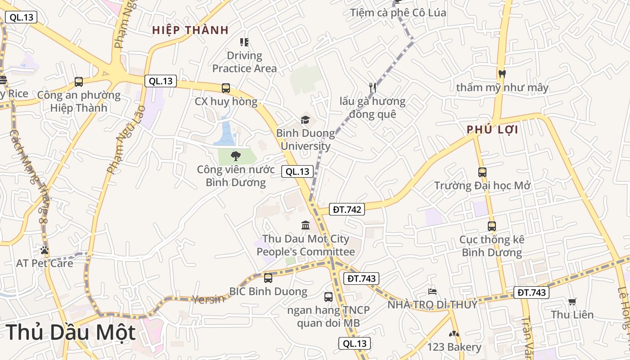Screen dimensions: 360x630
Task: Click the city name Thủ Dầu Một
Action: point(71,332)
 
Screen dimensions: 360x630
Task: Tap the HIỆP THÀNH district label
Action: point(190,30)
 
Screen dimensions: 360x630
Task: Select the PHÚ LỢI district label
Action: point(492,130)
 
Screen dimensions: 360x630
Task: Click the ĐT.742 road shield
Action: point(346,209)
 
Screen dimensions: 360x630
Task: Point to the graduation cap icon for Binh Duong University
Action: point(306,120)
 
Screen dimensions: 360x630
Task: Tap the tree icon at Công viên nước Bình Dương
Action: point(235,156)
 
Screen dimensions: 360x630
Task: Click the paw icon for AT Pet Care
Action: point(44,250)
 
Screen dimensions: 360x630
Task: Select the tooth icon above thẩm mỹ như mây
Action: point(502,74)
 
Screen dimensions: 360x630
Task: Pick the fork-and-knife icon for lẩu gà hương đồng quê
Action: point(372,88)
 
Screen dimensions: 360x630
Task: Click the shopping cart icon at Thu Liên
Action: point(572,301)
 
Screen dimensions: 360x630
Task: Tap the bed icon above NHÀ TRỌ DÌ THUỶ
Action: point(432,291)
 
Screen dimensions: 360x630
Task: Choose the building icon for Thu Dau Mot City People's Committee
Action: point(306,225)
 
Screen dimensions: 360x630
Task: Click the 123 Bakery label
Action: point(454,347)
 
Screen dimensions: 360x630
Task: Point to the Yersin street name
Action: point(208,299)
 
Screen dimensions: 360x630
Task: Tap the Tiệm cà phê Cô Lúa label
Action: point(398,13)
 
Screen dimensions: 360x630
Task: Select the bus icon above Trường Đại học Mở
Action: point(482,172)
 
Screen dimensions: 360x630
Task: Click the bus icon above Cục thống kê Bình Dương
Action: point(492,226)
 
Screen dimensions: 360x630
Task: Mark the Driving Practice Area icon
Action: point(244,42)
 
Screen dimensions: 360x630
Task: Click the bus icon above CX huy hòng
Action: point(226,88)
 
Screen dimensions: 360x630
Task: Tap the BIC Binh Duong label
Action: point(268,291)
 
